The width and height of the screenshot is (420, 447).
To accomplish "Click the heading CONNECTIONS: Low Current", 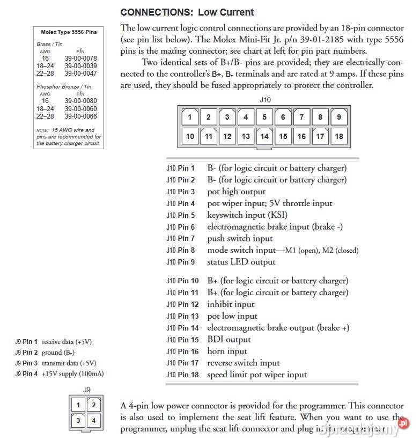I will click(x=187, y=12).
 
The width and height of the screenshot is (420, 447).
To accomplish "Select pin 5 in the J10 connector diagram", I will click(x=264, y=116).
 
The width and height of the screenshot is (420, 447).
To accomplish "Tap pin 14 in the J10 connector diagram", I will click(x=264, y=136).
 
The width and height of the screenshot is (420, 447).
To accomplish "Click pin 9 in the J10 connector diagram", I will click(x=338, y=116).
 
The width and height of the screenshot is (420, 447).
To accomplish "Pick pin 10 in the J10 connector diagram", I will click(x=190, y=136).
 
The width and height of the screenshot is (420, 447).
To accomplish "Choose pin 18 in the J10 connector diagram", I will click(x=338, y=136).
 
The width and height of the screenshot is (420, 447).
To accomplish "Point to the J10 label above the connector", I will click(x=264, y=100).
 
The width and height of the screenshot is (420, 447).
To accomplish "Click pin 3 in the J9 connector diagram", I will click(x=78, y=421).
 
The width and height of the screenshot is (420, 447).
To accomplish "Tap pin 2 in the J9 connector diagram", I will click(x=93, y=405).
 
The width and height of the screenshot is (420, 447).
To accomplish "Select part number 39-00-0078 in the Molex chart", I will click(x=80, y=58).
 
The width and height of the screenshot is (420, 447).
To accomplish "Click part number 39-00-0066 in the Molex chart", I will click(x=80, y=116).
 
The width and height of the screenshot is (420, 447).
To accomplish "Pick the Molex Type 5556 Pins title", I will click(x=69, y=32).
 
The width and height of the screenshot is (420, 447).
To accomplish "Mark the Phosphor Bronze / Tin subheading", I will click(x=64, y=87).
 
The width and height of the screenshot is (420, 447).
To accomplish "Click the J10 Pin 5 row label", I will click(x=180, y=215).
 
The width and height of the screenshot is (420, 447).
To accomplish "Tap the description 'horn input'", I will click(x=227, y=351).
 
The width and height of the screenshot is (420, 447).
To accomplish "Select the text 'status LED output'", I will click(x=241, y=262).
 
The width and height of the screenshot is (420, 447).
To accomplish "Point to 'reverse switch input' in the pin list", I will click(x=244, y=363).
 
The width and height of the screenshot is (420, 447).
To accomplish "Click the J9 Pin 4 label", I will click(x=26, y=374).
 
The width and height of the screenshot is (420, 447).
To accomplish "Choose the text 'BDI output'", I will click(x=229, y=339).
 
